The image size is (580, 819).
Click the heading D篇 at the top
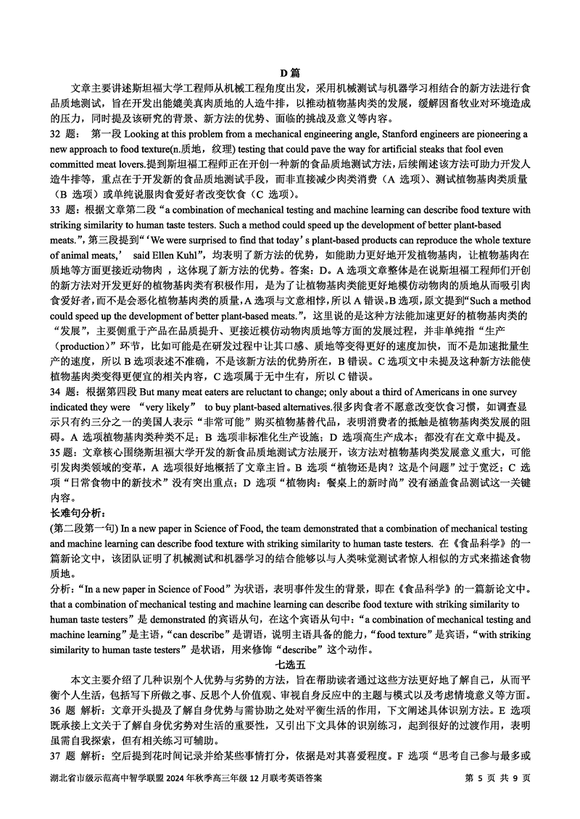pos(290,72)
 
